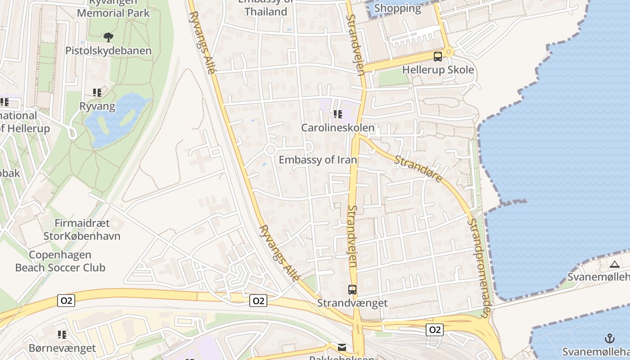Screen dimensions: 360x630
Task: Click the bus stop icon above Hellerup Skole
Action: tap(437, 57)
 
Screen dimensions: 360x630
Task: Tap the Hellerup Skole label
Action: tap(438, 70)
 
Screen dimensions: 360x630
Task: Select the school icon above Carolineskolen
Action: tap(337, 114)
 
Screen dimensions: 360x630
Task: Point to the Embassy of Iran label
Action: tap(318, 160)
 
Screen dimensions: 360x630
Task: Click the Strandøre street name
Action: tap(419, 169)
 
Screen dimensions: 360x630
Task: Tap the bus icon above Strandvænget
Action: tap(352, 290)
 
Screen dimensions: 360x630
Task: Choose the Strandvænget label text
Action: tap(352, 303)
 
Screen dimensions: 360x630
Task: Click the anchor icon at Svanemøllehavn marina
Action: tap(609, 338)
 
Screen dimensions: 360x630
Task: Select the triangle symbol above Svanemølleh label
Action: tap(615, 264)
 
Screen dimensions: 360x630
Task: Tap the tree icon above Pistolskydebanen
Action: tap(108, 37)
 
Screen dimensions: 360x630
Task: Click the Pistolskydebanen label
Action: tap(108, 50)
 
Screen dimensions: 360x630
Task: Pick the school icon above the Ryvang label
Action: tap(97, 93)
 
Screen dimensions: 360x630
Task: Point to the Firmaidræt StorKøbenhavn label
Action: tap(82, 229)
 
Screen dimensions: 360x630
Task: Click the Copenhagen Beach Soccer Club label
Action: tap(60, 261)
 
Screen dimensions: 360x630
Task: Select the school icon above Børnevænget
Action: tap(62, 335)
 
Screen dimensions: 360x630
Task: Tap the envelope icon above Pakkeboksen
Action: tap(342, 347)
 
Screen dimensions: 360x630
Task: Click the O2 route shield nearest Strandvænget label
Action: tap(258, 301)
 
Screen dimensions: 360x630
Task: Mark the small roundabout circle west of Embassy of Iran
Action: tap(270, 150)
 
